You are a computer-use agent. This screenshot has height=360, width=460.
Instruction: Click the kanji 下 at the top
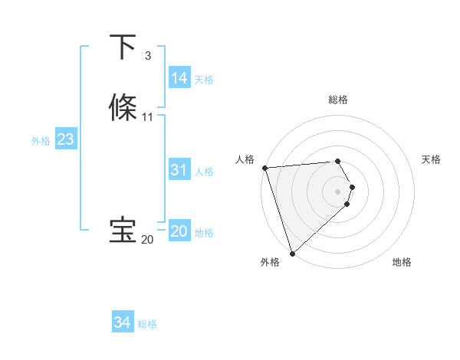pos(123,47)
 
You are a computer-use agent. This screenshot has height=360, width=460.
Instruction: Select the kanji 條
pos(123,107)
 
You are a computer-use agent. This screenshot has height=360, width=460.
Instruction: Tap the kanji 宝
pos(123,231)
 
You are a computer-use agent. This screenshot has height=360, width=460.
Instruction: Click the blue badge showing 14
pos(179,78)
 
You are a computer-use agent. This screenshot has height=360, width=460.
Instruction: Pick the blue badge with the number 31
pos(179,170)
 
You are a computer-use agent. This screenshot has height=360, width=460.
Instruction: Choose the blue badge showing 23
pos(65,139)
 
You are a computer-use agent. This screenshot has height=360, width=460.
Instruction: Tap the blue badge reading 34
pos(122,322)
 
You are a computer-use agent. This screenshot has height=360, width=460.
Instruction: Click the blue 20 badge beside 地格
pos(179,231)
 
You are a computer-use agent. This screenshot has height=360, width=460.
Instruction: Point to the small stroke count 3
pos(147,56)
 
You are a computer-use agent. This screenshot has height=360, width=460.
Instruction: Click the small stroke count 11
pos(147,117)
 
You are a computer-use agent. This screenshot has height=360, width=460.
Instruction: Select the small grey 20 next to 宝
pos(147,240)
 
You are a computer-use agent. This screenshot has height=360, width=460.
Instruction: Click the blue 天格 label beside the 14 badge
pos(204,79)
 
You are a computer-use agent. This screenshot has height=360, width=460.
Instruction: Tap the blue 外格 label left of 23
pos(41,140)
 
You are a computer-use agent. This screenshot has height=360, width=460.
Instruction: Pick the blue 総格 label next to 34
pos(147,323)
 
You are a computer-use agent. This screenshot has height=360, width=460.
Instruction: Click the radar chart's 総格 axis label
pos(337,100)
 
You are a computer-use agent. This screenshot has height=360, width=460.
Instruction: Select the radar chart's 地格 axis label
pos(402,262)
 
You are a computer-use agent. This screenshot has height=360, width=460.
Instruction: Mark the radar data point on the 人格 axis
pos(264,168)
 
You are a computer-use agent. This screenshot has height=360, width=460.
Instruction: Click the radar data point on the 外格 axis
pos(292,253)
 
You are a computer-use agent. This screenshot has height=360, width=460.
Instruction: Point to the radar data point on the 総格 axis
pos(337,161)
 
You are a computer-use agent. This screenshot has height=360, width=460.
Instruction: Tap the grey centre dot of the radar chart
pos(337,191)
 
